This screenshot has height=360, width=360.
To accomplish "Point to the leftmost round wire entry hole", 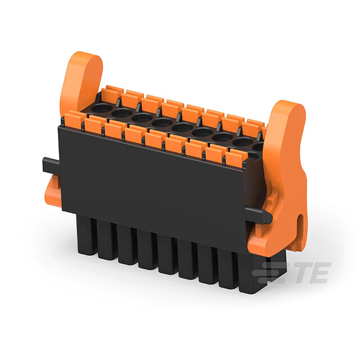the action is pyautogui.click(x=102, y=107).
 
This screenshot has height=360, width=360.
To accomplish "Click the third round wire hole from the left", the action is pyautogui.click(x=142, y=118).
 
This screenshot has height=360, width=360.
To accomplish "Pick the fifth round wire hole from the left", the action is pyautogui.click(x=182, y=127).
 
